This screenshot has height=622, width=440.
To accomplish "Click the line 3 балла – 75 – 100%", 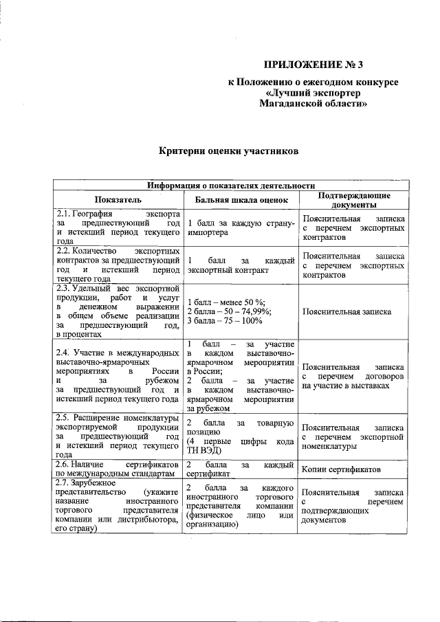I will [x=225, y=321].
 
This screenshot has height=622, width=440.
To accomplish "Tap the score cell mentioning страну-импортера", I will [x=241, y=228].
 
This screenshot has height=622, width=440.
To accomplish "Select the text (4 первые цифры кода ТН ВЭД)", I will [x=241, y=446].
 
